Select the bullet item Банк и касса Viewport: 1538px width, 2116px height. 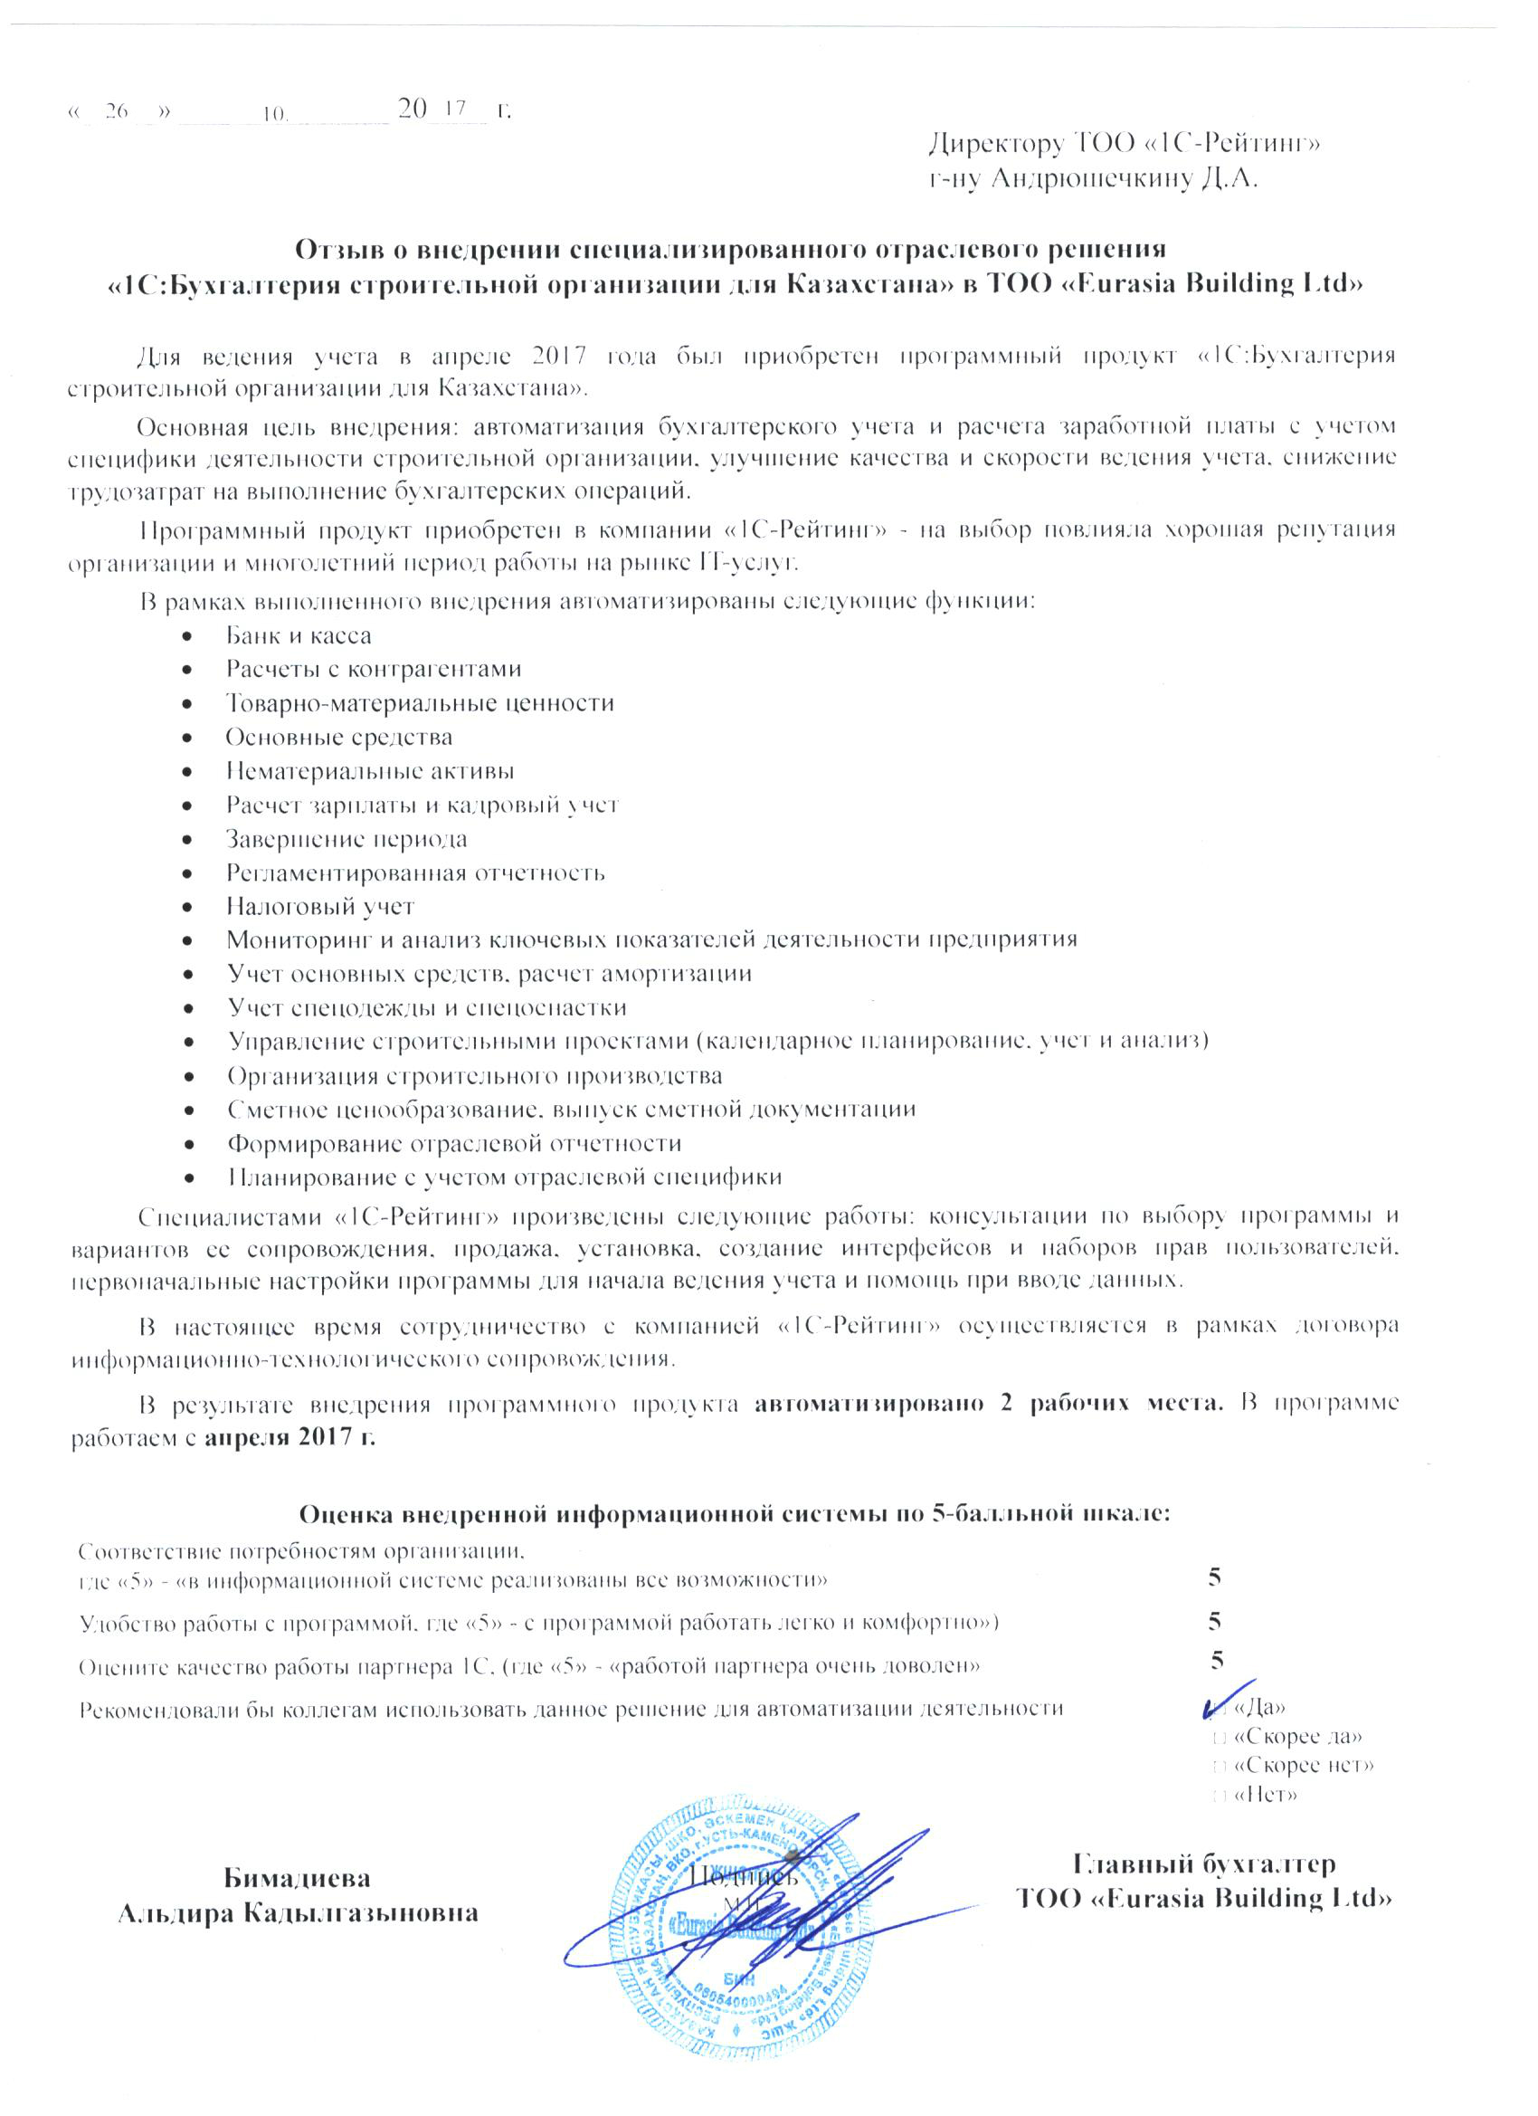298,636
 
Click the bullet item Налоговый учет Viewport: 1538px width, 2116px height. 320,906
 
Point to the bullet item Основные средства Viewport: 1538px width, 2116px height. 338,737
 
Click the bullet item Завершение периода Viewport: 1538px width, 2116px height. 346,839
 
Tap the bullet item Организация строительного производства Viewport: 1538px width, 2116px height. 475,1076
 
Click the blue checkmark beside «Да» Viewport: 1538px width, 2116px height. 1220,1701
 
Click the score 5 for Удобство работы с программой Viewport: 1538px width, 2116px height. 1214,1621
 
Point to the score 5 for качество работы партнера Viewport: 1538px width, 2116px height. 1216,1660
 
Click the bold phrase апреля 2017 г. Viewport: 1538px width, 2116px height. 290,1437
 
